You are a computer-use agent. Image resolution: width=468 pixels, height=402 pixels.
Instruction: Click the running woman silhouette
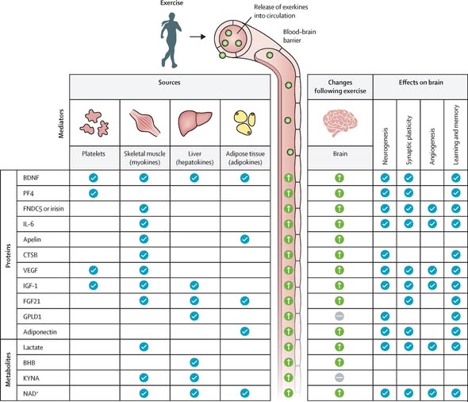tap(171, 40)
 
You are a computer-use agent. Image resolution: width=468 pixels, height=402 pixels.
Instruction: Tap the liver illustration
tap(195, 123)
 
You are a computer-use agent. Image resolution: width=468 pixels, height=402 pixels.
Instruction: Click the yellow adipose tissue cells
tap(244, 122)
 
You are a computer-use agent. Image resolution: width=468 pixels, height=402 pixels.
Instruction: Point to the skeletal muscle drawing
tap(144, 122)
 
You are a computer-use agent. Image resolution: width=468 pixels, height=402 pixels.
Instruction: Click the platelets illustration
tap(94, 123)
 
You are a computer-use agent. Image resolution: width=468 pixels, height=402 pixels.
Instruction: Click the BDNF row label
tap(31, 178)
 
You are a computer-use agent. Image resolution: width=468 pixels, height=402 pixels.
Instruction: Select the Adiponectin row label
tap(40, 332)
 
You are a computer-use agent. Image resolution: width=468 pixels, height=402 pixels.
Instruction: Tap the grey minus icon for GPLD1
tap(339, 316)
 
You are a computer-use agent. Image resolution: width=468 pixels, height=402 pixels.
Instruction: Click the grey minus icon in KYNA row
tap(339, 378)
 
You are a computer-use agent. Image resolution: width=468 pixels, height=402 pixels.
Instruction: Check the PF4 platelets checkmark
tap(94, 193)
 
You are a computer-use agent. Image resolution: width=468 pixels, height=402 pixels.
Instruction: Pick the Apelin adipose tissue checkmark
tap(245, 239)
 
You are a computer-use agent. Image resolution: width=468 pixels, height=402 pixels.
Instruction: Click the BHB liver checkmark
tap(194, 362)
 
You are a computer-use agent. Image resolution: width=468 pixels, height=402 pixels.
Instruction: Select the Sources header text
tap(169, 83)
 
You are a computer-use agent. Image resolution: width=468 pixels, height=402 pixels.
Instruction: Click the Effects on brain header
tap(421, 83)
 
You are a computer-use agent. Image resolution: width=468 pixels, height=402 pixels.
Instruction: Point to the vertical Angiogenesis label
tap(432, 146)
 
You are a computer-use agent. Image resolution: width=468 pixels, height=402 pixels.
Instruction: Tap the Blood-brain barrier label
tap(299, 36)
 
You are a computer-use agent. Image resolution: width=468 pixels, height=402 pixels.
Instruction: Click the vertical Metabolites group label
tap(8, 369)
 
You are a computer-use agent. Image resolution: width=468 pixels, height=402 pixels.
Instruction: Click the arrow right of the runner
tap(198, 37)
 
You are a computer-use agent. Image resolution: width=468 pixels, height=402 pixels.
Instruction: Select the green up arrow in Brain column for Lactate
tap(339, 346)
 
